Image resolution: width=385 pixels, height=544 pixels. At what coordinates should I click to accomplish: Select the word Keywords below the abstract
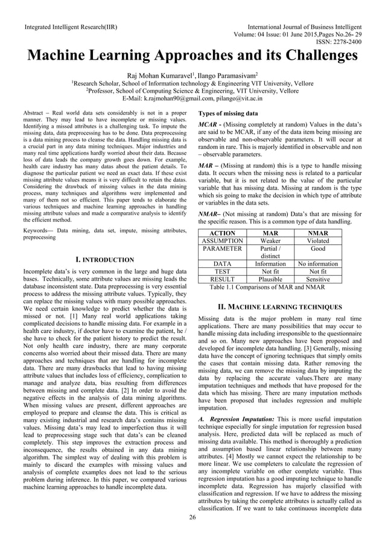36,230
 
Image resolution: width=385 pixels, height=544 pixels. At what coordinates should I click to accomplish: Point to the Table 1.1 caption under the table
267,287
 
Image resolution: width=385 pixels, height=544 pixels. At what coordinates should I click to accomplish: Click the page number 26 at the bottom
192,517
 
